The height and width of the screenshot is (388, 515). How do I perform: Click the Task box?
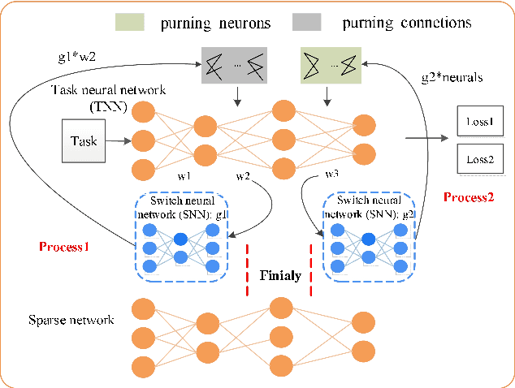pyautogui.click(x=84, y=141)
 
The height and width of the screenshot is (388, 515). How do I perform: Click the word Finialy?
pyautogui.click(x=280, y=275)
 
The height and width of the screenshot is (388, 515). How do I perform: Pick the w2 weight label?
pyautogui.click(x=243, y=175)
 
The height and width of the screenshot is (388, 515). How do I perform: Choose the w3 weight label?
pyautogui.click(x=332, y=172)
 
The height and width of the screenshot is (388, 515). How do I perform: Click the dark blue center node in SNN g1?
pyautogui.click(x=180, y=239)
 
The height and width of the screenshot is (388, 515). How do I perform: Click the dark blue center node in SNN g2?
pyautogui.click(x=369, y=239)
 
